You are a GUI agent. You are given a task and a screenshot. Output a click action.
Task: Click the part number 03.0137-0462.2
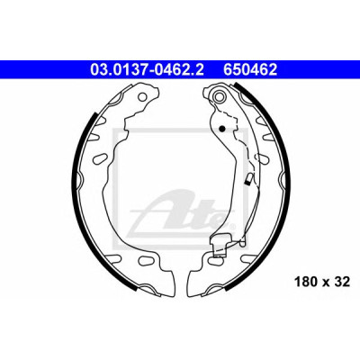147,70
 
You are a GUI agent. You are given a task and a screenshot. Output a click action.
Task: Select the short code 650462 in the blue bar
250,70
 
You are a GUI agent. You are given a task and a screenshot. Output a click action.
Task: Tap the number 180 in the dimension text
305,282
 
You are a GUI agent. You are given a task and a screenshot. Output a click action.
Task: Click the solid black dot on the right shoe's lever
222,129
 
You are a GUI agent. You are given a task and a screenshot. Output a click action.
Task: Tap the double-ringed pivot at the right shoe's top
218,96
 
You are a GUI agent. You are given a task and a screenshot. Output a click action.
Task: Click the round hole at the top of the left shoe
143,96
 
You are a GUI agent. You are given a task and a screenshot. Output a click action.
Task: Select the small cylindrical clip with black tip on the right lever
248,179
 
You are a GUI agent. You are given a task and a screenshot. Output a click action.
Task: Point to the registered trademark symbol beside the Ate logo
232,226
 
